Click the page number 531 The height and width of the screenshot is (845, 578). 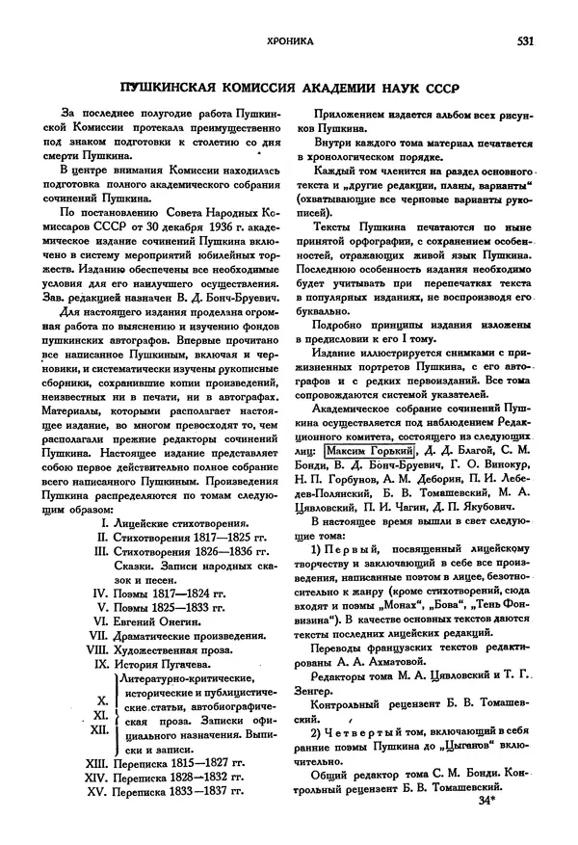pyautogui.click(x=525, y=41)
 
